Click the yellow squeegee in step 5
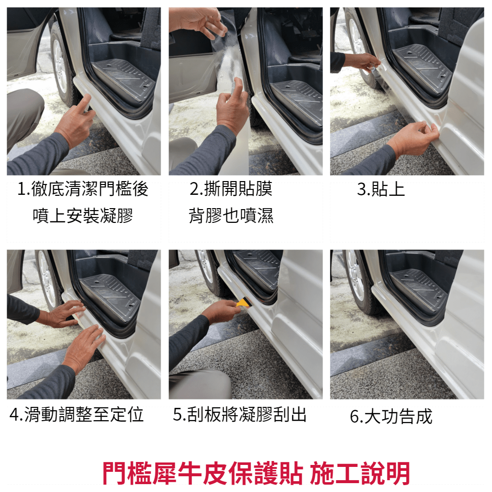(244, 303)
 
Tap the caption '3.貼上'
(381, 189)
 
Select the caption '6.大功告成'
(391, 416)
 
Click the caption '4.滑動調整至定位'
(77, 414)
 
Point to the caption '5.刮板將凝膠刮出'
(240, 414)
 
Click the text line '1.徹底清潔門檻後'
(83, 189)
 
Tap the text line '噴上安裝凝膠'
(83, 215)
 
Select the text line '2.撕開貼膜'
(231, 189)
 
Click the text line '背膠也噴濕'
(231, 215)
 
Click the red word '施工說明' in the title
(360, 473)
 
